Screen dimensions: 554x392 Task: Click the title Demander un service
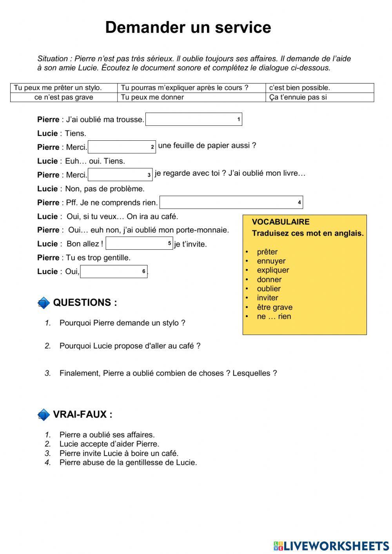pyautogui.click(x=188, y=28)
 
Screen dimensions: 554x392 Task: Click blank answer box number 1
pyautogui.click(x=193, y=119)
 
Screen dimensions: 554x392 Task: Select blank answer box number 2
pyautogui.click(x=122, y=147)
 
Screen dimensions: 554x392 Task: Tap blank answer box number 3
pyautogui.click(x=120, y=175)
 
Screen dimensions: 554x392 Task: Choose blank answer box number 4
pyautogui.click(x=231, y=202)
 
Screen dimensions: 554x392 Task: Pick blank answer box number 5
pyautogui.click(x=139, y=243)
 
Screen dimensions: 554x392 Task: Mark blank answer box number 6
pyautogui.click(x=114, y=271)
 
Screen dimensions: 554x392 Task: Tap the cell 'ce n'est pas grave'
pyautogui.click(x=64, y=97)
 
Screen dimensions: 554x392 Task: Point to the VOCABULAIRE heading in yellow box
pyautogui.click(x=280, y=222)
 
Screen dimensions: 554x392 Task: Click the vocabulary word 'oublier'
pyautogui.click(x=269, y=289)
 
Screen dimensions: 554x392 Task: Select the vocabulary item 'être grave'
pyautogui.click(x=274, y=307)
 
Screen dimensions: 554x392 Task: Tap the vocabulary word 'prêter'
pyautogui.click(x=267, y=252)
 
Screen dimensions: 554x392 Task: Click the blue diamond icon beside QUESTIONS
pyautogui.click(x=44, y=303)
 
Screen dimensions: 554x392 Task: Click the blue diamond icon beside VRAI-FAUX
pyautogui.click(x=44, y=415)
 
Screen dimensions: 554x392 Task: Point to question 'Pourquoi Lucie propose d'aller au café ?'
pyautogui.click(x=130, y=346)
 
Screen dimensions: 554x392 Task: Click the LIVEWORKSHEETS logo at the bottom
pyautogui.click(x=331, y=545)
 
